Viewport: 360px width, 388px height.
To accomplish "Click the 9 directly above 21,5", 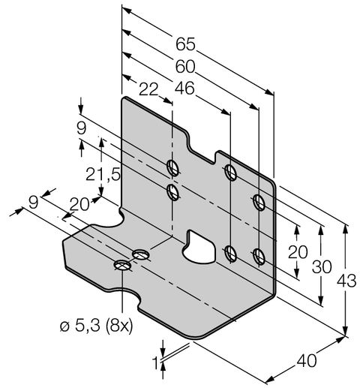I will (82, 129).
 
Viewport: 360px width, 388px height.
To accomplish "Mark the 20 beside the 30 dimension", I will (298, 251).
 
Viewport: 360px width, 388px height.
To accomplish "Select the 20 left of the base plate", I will (79, 204).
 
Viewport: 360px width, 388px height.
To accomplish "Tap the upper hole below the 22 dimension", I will (172, 167).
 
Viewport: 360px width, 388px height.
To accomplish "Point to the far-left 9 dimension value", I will (33, 200).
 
